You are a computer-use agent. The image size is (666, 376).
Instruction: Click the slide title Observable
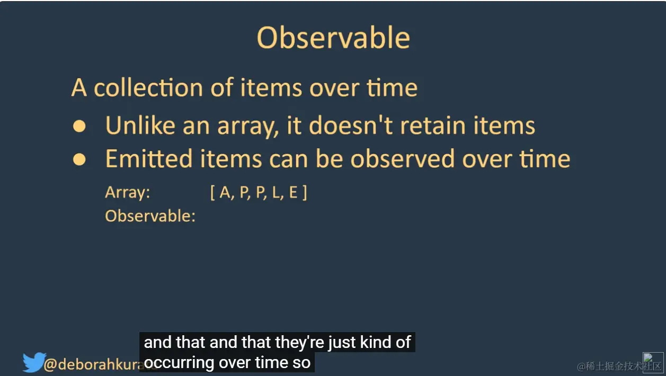pyautogui.click(x=333, y=38)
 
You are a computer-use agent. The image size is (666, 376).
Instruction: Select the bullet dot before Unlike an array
pyautogui.click(x=79, y=126)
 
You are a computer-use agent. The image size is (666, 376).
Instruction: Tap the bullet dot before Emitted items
pyautogui.click(x=79, y=159)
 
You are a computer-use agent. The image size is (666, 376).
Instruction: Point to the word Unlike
pyautogui.click(x=140, y=126)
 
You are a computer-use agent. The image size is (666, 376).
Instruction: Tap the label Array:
pyautogui.click(x=128, y=192)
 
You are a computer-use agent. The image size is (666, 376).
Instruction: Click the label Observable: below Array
pyautogui.click(x=150, y=216)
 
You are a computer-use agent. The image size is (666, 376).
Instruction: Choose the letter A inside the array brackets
pyautogui.click(x=225, y=193)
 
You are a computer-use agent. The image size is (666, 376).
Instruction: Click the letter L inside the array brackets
pyautogui.click(x=275, y=193)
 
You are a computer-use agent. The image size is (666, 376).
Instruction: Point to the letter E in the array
pyautogui.click(x=293, y=193)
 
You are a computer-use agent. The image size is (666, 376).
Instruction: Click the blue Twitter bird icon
pyautogui.click(x=34, y=363)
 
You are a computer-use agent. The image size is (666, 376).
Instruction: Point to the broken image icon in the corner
pyautogui.click(x=652, y=363)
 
